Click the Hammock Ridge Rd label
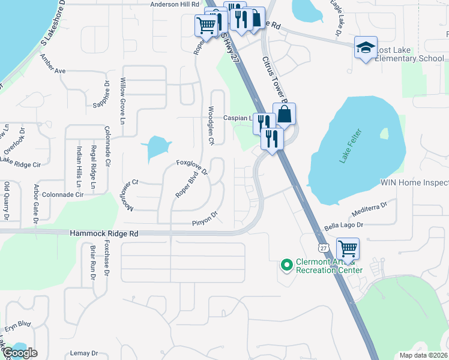pyautogui.click(x=104, y=233)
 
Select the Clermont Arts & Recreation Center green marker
pyautogui.click(x=286, y=264)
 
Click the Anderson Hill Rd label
pyautogui.click(x=174, y=4)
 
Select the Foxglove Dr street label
pyautogui.click(x=191, y=167)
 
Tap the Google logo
pyautogui.click(x=19, y=352)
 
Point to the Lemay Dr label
pyautogui.click(x=83, y=353)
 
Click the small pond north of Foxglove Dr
pyautogui.click(x=155, y=147)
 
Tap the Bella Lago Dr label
pyautogui.click(x=344, y=226)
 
